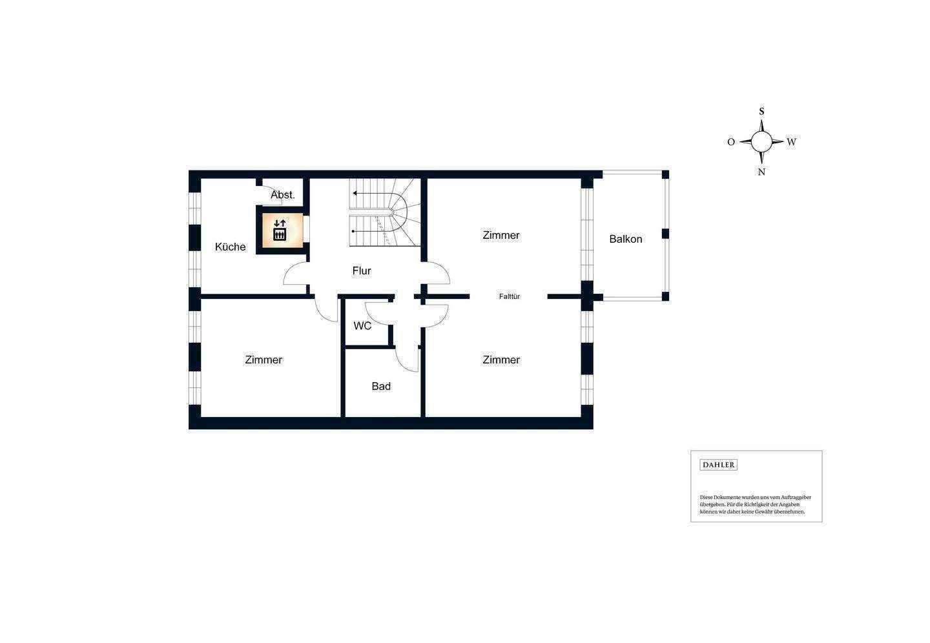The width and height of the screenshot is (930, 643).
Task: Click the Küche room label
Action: [x=231, y=247]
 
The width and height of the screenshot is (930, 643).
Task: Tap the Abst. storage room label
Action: [x=283, y=194]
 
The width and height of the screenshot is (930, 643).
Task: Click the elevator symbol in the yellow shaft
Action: [x=280, y=230]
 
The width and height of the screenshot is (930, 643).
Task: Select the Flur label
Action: [x=362, y=270]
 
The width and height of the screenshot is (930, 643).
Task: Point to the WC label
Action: [x=362, y=326]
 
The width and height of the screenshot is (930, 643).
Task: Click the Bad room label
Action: [x=381, y=386]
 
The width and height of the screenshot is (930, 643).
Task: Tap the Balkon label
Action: [x=626, y=239]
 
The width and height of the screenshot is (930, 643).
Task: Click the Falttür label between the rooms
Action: [x=510, y=297]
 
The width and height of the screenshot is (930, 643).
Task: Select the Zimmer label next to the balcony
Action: [x=501, y=235]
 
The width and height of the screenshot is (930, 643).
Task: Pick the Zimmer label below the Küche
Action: [x=263, y=360]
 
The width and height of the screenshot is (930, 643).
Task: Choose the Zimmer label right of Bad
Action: [x=501, y=360]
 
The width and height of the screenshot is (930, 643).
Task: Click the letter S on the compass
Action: [x=761, y=111]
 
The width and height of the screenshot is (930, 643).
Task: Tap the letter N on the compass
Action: [x=761, y=172]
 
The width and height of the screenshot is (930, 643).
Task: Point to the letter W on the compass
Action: [x=791, y=142]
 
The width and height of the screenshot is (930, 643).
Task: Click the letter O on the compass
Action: [x=731, y=142]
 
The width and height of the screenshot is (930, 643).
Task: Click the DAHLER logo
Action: [x=718, y=465]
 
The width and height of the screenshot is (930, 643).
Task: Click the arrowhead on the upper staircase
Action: [x=355, y=192]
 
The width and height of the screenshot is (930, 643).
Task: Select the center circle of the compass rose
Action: [x=761, y=141]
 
